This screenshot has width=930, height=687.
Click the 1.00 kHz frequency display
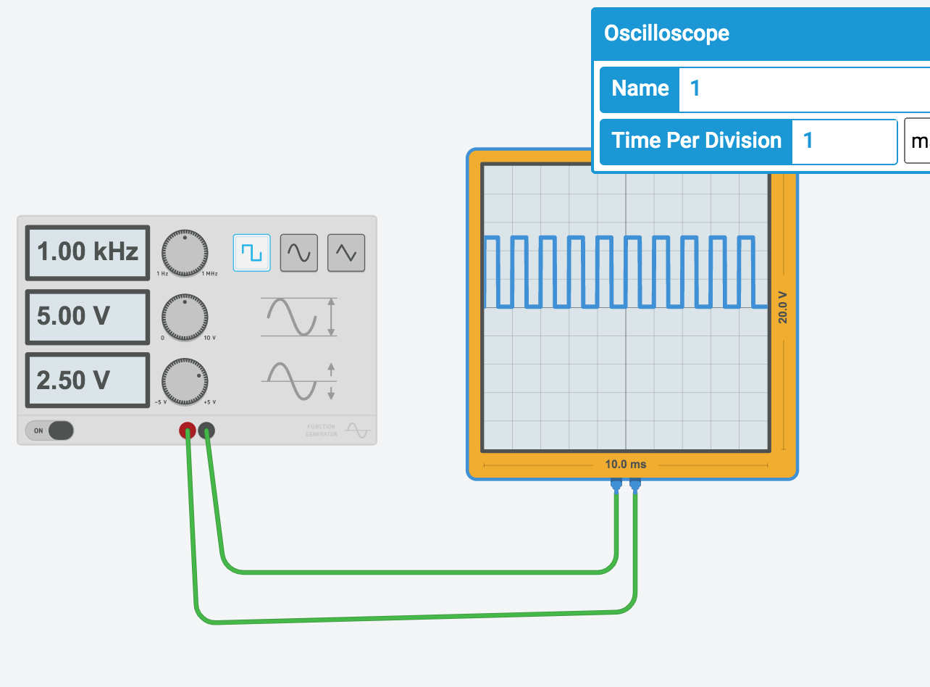(x=88, y=251)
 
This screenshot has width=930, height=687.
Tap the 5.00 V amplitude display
(x=88, y=317)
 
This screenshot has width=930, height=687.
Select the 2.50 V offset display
(x=88, y=380)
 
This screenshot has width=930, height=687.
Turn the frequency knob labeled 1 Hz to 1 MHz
(x=185, y=253)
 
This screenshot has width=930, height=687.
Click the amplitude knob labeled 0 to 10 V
(x=185, y=317)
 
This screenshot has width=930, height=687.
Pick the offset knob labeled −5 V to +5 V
(x=185, y=380)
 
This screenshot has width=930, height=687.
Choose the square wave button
(x=251, y=252)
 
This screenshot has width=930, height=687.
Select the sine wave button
(x=299, y=252)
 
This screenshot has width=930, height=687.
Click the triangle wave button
(x=346, y=252)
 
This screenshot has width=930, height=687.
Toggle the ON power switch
(x=50, y=430)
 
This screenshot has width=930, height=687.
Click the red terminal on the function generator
(x=187, y=431)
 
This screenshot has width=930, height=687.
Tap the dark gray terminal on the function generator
(x=207, y=431)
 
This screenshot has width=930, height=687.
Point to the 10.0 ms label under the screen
(x=626, y=464)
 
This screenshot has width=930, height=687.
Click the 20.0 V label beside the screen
(x=783, y=307)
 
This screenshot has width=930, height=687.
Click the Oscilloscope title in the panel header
(x=666, y=33)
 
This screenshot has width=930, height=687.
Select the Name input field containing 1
(x=797, y=89)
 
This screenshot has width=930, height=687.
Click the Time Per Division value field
(x=845, y=141)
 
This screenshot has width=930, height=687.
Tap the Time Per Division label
(x=697, y=141)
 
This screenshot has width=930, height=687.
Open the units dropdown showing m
(x=918, y=141)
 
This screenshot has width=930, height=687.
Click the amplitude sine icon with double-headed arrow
(x=299, y=317)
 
